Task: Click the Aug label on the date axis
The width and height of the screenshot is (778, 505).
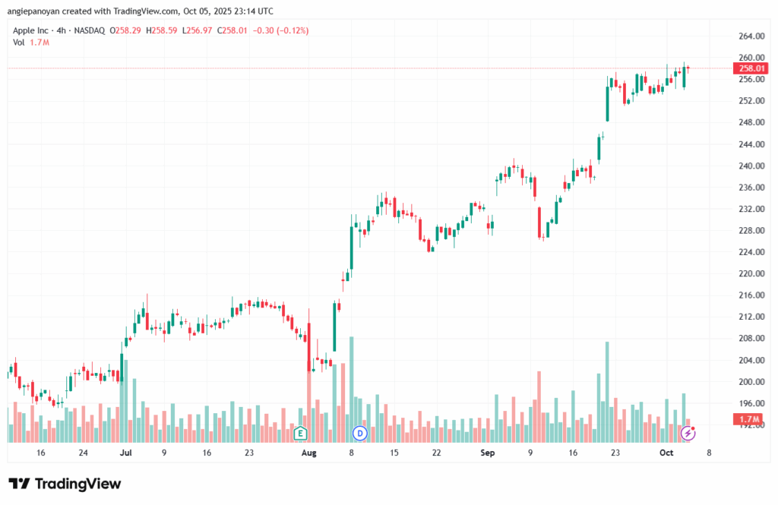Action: [x=308, y=453]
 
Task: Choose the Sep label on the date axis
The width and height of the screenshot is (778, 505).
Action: [x=489, y=453]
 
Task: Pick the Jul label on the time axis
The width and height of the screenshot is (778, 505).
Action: [x=126, y=453]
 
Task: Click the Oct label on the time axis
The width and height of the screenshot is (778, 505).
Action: [x=666, y=453]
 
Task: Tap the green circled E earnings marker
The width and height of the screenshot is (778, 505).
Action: [x=300, y=433]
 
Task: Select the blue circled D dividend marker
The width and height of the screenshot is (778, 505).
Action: [x=360, y=433]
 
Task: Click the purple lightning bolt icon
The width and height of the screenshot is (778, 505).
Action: [x=688, y=433]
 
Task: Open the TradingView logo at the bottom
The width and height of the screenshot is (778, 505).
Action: [x=65, y=484]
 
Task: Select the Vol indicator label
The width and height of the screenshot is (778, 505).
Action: [x=19, y=43]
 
